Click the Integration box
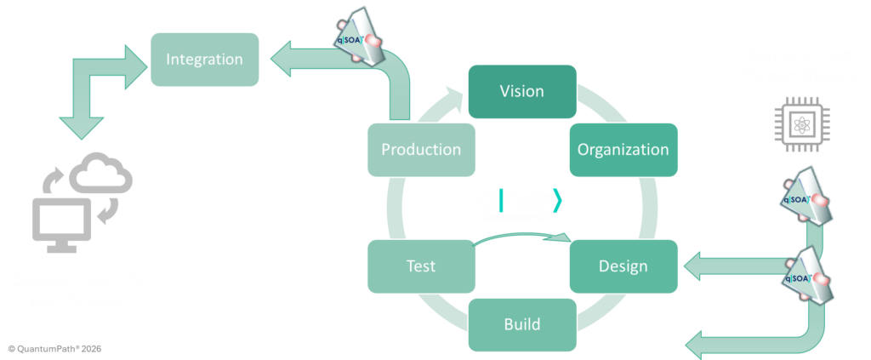click(204, 60)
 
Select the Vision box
click(521, 91)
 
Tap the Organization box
click(623, 150)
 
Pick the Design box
click(623, 266)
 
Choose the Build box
click(521, 324)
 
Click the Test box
click(420, 266)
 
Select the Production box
click(420, 150)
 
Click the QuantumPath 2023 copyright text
click(54, 349)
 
